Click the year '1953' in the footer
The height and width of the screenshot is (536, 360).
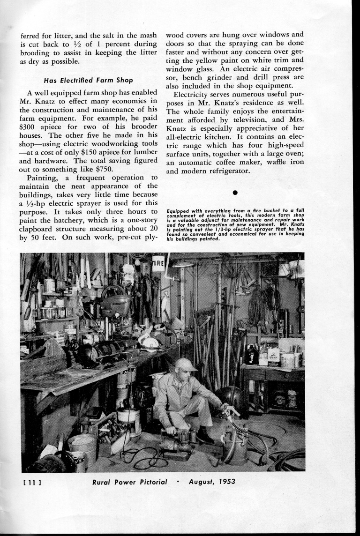(224, 482)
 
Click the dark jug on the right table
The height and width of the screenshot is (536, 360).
(251, 355)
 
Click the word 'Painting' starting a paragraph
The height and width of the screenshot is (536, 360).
(43, 178)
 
